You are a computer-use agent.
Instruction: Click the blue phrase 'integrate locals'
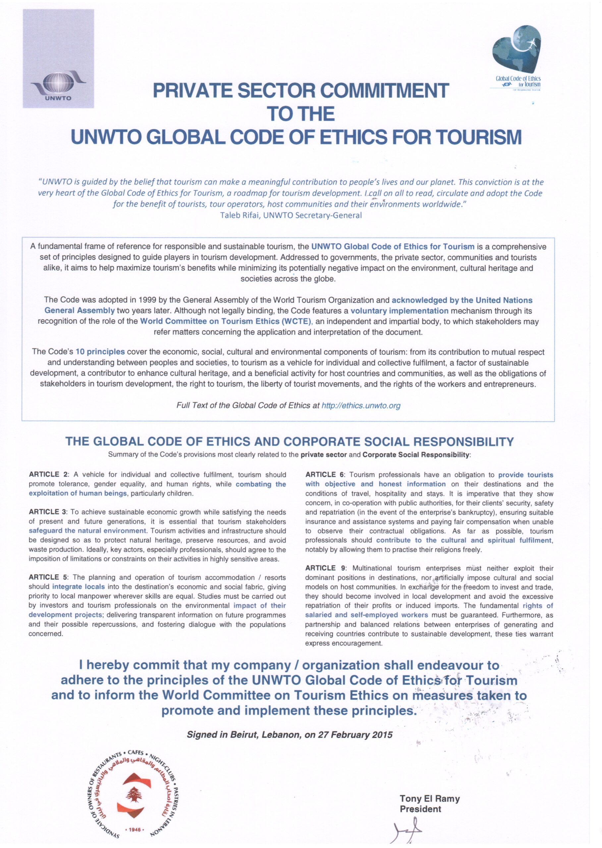click(78, 587)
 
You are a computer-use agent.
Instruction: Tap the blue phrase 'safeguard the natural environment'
click(87, 531)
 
